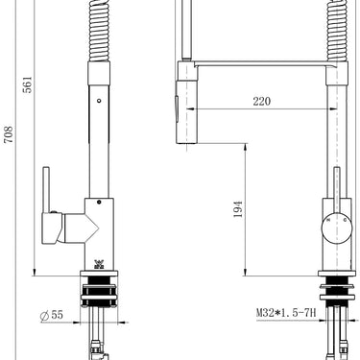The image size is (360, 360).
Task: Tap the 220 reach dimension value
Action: point(261,100)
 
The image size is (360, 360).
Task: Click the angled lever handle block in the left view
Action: point(73,228)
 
